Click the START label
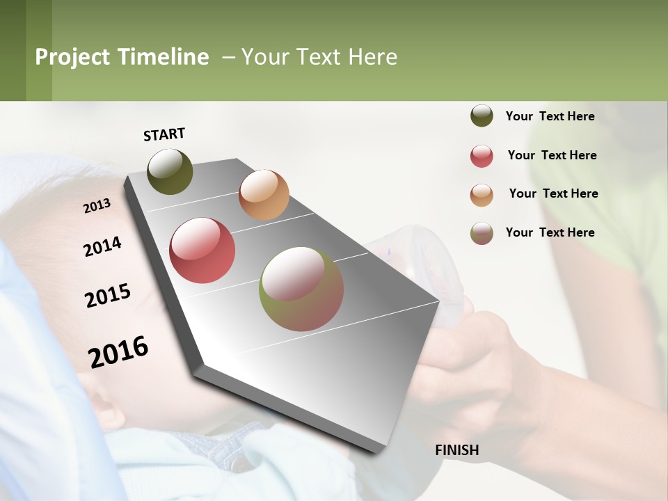pyautogui.click(x=164, y=134)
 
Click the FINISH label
pyautogui.click(x=456, y=450)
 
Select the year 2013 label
pyautogui.click(x=97, y=206)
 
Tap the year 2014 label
pyautogui.click(x=103, y=246)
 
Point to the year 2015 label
pyautogui.click(x=108, y=296)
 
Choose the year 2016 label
pyautogui.click(x=118, y=351)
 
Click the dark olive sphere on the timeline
pyautogui.click(x=170, y=171)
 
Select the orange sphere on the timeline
pyautogui.click(x=264, y=194)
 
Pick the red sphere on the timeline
pyautogui.click(x=202, y=250)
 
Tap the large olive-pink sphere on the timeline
pyautogui.click(x=301, y=289)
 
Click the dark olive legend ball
pyautogui.click(x=482, y=116)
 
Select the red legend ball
pyautogui.click(x=482, y=156)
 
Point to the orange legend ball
pyautogui.click(x=482, y=194)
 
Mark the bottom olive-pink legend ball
pyautogui.click(x=482, y=233)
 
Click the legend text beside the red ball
pyautogui.click(x=552, y=155)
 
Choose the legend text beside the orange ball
pyautogui.click(x=553, y=193)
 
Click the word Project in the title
pyautogui.click(x=73, y=57)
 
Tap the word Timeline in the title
pyautogui.click(x=163, y=57)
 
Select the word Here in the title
pyautogui.click(x=372, y=57)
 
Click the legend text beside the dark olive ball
pyautogui.click(x=550, y=116)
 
